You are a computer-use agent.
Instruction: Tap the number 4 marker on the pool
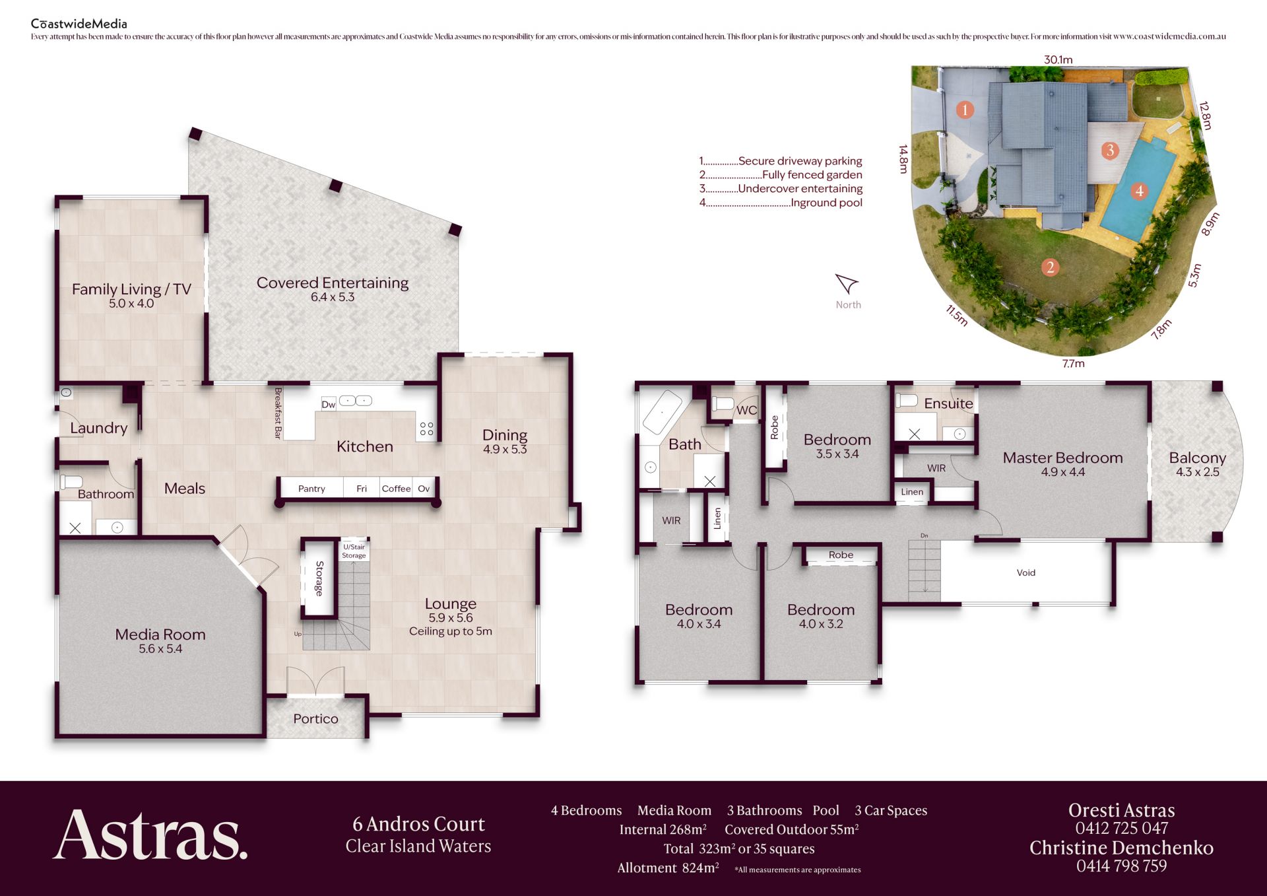(1139, 191)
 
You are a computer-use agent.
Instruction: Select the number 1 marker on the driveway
(965, 110)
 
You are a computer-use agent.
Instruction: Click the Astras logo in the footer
(150, 835)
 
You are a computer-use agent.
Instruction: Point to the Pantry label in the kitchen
(311, 489)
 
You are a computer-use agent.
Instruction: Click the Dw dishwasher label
(329, 405)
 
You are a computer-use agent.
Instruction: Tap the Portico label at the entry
(315, 718)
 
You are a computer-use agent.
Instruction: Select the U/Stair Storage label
(354, 551)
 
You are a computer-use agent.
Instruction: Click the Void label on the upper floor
(1026, 572)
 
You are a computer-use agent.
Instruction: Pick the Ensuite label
(948, 403)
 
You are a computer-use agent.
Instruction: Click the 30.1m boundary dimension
(1058, 59)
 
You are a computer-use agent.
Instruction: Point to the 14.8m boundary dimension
(903, 159)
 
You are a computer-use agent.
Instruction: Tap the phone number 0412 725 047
(1122, 828)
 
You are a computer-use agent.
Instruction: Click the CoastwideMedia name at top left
(79, 24)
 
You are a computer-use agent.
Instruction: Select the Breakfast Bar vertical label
(278, 413)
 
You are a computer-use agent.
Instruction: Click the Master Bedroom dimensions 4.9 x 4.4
(1063, 472)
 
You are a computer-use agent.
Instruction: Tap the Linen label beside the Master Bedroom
(912, 492)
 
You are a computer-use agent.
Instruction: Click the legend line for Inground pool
(781, 203)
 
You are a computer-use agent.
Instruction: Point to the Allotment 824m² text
(668, 868)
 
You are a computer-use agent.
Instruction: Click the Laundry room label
(99, 428)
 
